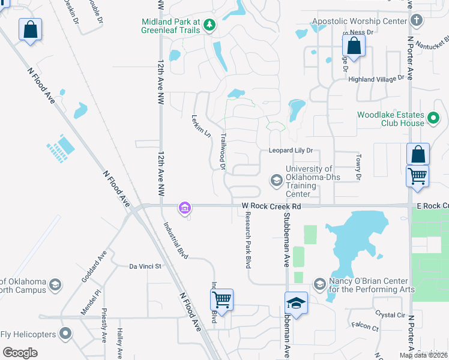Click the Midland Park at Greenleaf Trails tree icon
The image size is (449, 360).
point(209,25)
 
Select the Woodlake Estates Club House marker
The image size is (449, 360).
point(435,119)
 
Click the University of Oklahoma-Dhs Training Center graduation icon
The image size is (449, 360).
point(277,180)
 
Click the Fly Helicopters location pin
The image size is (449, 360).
point(66,334)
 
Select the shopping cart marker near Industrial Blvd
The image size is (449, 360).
point(222,299)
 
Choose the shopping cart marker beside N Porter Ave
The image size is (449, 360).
point(418,176)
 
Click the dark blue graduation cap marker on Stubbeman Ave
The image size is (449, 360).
point(296,303)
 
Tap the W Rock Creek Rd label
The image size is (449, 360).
point(271,206)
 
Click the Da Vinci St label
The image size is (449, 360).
point(146,266)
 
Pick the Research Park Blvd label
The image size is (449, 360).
point(247,243)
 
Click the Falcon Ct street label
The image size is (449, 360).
point(366,328)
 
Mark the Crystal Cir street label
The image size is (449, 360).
point(391,314)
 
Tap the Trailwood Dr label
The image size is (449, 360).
point(222,151)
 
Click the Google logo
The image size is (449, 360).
point(20,353)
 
